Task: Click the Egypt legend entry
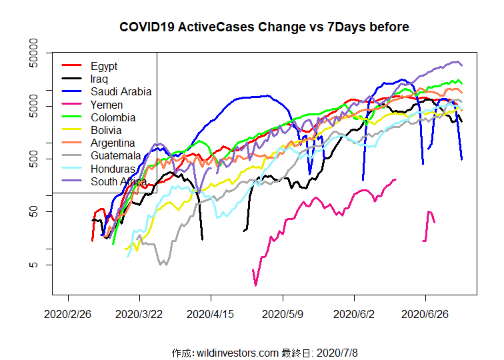(x=104, y=66)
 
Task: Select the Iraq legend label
(x=99, y=79)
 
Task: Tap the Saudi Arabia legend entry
(x=121, y=91)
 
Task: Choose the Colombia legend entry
(x=113, y=117)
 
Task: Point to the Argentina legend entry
(x=113, y=143)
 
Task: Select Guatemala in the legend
(x=116, y=155)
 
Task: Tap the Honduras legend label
(x=113, y=169)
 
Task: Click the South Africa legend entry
(x=119, y=181)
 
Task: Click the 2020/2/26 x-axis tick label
(x=68, y=313)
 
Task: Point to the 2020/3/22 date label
(x=139, y=313)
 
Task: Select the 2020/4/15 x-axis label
(x=211, y=313)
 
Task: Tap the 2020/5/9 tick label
(x=283, y=313)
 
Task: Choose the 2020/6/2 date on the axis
(x=354, y=313)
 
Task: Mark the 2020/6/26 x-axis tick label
(x=425, y=313)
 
